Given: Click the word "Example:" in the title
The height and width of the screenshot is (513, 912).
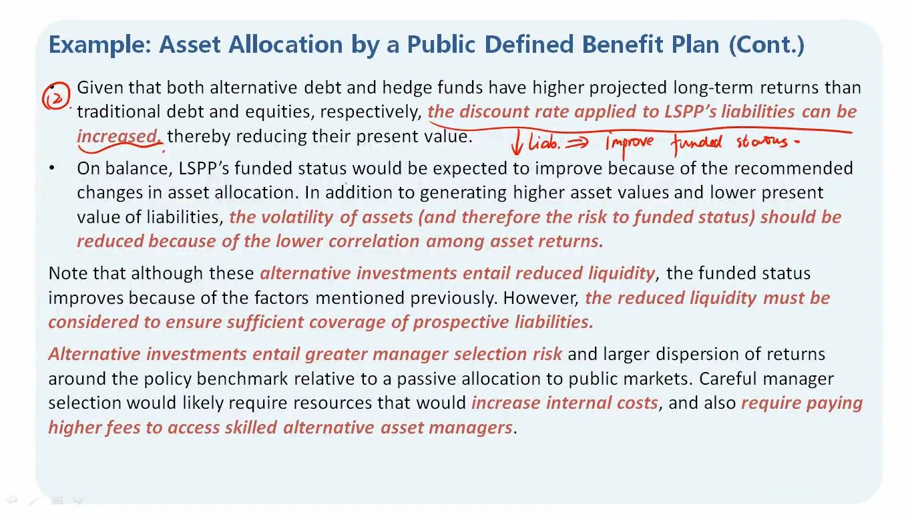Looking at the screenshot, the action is click(99, 45).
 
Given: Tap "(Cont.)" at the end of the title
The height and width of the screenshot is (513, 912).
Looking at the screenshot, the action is click(766, 44).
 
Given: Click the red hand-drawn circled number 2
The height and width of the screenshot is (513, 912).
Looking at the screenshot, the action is click(56, 96).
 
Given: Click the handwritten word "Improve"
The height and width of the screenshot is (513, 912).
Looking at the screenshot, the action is click(630, 144).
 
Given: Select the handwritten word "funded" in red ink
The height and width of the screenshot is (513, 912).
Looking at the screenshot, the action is click(696, 143).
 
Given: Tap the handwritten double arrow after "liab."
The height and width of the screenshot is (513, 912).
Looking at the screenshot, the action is click(577, 142).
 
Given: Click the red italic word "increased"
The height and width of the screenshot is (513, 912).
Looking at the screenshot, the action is click(118, 136).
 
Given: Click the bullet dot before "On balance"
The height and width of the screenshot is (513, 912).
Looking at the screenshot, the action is click(51, 168).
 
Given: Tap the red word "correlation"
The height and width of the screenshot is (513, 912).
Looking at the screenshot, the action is click(374, 241).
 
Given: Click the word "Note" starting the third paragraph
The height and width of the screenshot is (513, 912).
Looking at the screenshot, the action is click(68, 273).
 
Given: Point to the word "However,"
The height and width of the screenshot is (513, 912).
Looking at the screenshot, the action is click(541, 299).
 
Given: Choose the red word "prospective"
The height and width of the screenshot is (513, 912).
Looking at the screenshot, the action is click(461, 323).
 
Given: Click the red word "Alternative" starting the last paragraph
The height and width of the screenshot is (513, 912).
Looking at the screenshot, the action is click(94, 353).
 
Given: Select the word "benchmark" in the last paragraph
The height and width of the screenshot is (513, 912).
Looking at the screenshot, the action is click(242, 379).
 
